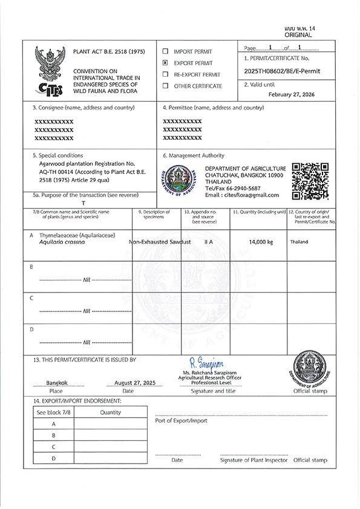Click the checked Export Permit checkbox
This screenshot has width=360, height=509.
[x=165, y=63]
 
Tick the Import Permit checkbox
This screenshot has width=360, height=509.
[x=165, y=51]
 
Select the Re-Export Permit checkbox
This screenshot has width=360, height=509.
[x=165, y=74]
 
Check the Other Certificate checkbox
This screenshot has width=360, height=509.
[x=165, y=86]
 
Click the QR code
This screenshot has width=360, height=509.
[x=310, y=181]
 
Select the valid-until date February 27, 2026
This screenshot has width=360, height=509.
[x=296, y=94]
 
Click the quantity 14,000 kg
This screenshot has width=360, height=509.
[x=261, y=242]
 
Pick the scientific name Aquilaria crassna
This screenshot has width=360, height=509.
[x=62, y=242]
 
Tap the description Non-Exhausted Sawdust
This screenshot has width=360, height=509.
[x=160, y=242]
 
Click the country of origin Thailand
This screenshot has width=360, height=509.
[x=299, y=242]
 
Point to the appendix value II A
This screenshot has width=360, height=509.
[x=208, y=242]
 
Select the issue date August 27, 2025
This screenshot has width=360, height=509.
[x=134, y=383]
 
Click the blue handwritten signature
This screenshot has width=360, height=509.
[x=206, y=363]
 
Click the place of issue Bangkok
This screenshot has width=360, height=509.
[x=57, y=383]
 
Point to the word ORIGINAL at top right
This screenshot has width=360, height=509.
[x=298, y=35]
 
